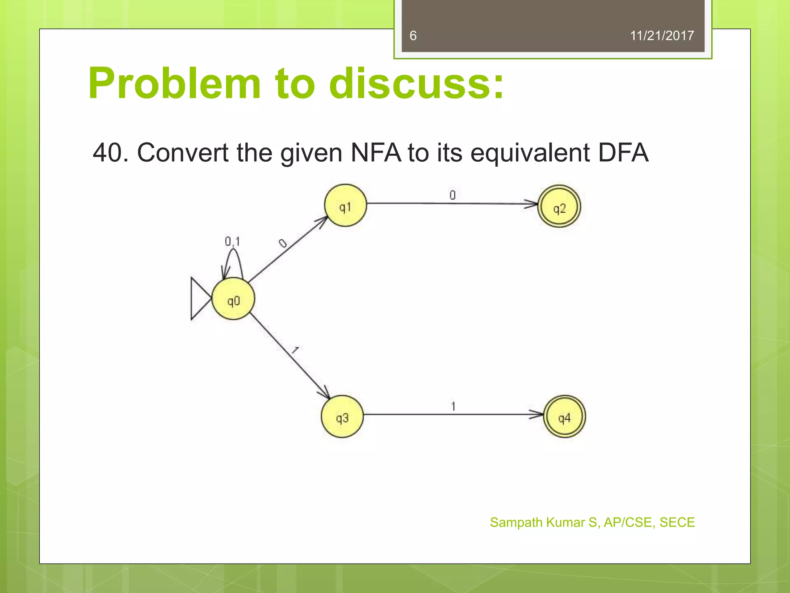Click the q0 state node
point(233,299)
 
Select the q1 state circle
point(345,205)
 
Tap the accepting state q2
point(559,207)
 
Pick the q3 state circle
point(342,417)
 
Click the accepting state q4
point(564,417)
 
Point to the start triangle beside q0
point(199,298)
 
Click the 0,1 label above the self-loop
point(232,242)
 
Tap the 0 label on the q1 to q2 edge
point(452,195)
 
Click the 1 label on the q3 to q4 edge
point(453,406)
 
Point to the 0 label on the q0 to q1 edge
point(283,243)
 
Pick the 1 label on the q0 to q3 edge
point(295,350)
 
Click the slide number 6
point(413,36)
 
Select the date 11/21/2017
point(662,36)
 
